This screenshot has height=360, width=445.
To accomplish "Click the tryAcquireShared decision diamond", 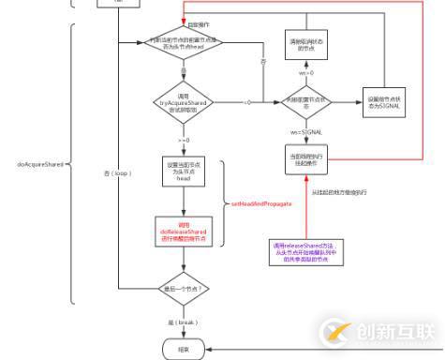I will (x=184, y=101).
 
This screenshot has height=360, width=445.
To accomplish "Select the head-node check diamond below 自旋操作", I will (x=184, y=43).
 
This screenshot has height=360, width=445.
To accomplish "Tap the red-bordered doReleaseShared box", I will (x=184, y=231).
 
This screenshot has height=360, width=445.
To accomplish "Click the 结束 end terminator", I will (x=184, y=350).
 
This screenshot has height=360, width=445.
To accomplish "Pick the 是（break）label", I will (x=184, y=321).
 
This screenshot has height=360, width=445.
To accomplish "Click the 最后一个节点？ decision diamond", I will (x=184, y=289).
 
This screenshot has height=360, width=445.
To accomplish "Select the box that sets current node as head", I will (x=184, y=175).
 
